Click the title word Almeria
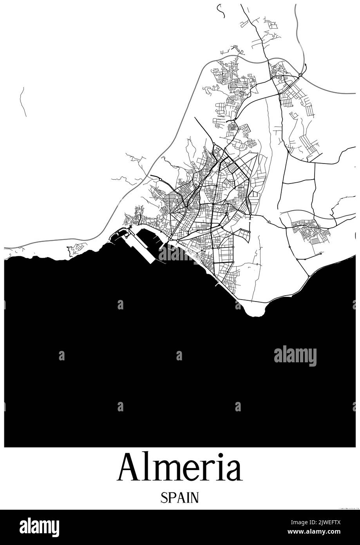(x=180, y=467)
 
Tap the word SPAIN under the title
(x=180, y=498)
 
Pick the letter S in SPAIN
(x=163, y=498)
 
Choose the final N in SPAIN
(x=195, y=498)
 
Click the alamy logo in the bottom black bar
(x=39, y=527)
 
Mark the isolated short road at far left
(x=23, y=102)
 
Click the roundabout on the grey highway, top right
(x=300, y=74)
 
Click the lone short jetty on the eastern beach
(x=217, y=285)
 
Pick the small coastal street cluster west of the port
(x=77, y=248)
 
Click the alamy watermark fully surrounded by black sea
(x=295, y=356)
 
